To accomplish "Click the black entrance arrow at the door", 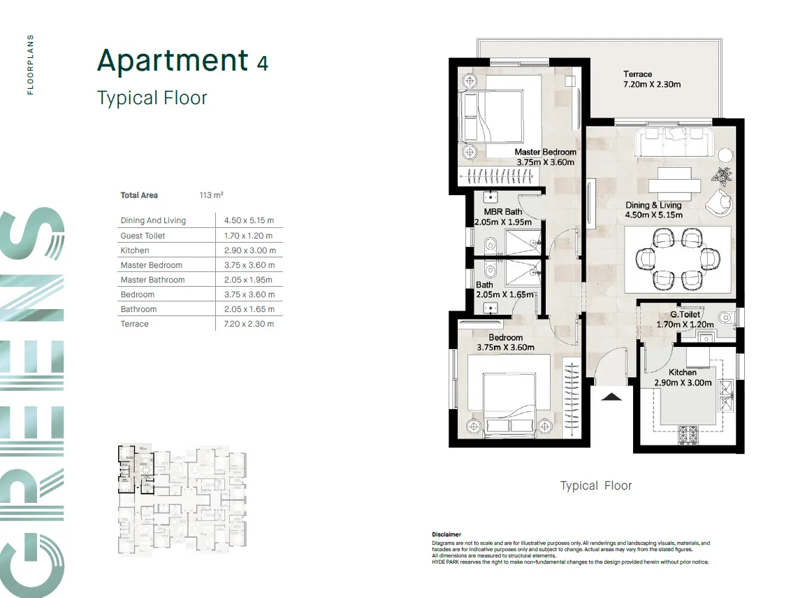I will pyautogui.click(x=611, y=397).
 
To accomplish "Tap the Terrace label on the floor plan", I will pyautogui.click(x=637, y=74).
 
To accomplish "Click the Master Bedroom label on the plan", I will pyautogui.click(x=545, y=152).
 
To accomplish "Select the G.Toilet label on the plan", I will pyautogui.click(x=685, y=315).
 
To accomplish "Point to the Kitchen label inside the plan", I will pyautogui.click(x=682, y=373).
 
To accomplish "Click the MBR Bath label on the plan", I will pyautogui.click(x=502, y=212).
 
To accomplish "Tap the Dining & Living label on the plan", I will pyautogui.click(x=653, y=205).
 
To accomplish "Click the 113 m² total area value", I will pyautogui.click(x=211, y=195).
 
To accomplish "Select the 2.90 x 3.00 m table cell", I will pyautogui.click(x=247, y=250).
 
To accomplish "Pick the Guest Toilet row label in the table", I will pyautogui.click(x=143, y=236).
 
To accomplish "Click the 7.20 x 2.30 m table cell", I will pyautogui.click(x=247, y=324).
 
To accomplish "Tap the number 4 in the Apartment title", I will pyautogui.click(x=262, y=63).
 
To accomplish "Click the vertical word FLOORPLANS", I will pyautogui.click(x=30, y=64).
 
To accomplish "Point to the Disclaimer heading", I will pyautogui.click(x=447, y=534).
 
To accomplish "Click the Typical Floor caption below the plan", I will pyautogui.click(x=595, y=485).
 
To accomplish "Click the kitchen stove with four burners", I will pyautogui.click(x=688, y=436).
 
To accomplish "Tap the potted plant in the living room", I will pyautogui.click(x=723, y=176).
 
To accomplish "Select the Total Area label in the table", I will pyautogui.click(x=139, y=195).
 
